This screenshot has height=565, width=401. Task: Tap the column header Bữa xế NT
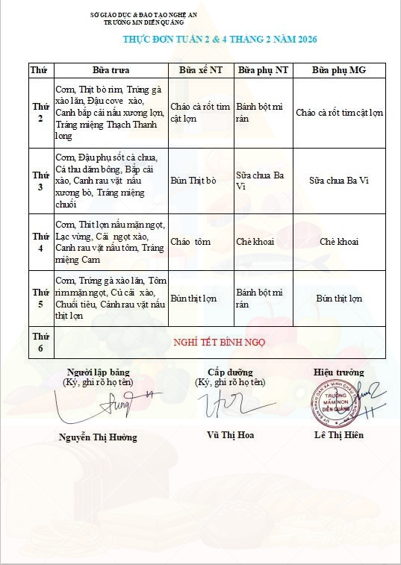point(199,69)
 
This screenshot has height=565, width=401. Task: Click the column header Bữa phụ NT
point(261,69)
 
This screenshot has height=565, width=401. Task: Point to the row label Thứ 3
point(40,181)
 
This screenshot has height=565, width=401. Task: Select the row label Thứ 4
point(40,242)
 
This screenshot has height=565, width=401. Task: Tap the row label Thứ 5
point(40,298)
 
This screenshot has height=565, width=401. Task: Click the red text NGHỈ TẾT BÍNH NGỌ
point(220,343)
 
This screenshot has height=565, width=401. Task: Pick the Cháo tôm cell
point(191,242)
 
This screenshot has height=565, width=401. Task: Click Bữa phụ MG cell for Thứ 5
point(339,299)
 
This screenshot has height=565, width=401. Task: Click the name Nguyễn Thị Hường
point(98,437)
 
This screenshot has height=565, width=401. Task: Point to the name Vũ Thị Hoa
point(230,434)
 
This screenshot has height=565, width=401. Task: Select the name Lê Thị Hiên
point(339,434)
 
